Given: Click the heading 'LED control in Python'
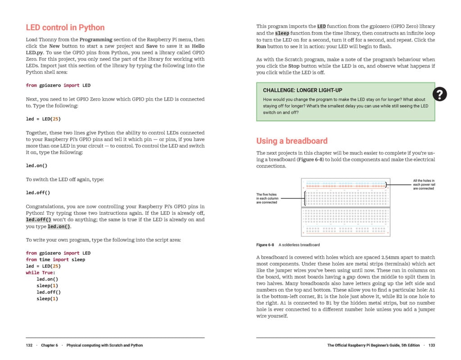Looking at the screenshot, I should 65,27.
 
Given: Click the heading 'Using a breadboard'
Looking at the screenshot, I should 292,141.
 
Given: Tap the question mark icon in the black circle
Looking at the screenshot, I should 439,94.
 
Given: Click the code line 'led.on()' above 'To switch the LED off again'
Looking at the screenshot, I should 36,166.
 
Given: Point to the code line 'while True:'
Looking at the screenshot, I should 40,273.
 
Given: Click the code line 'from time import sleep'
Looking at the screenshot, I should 55,260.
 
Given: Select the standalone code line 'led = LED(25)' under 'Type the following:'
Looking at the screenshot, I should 43,119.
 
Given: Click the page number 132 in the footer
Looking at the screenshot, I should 29,346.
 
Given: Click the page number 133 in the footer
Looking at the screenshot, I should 431,346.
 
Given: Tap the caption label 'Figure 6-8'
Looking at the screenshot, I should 265,245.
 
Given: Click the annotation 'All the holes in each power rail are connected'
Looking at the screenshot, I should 423,184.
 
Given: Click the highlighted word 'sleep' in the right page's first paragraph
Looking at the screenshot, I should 282,33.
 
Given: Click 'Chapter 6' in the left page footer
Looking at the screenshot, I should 49,346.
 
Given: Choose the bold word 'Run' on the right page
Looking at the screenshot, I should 261,46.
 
